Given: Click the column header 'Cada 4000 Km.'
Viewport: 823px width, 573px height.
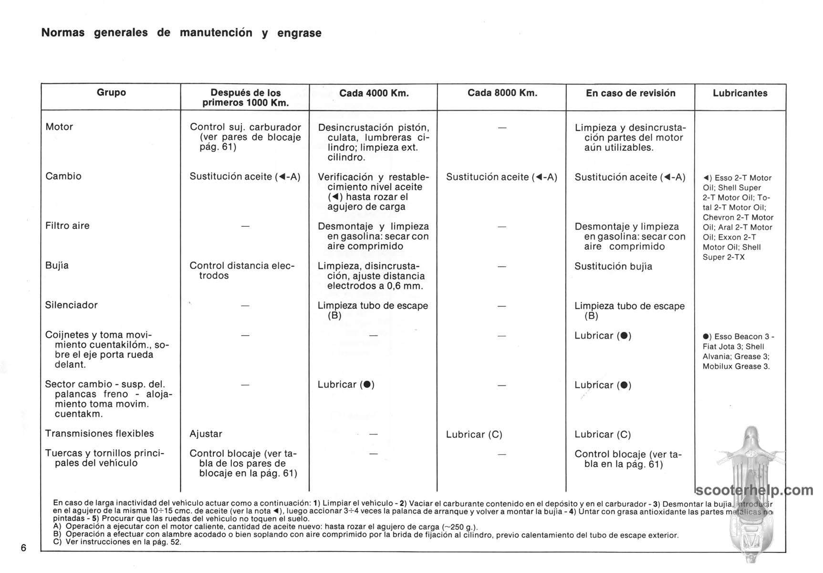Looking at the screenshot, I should pyautogui.click(x=374, y=93).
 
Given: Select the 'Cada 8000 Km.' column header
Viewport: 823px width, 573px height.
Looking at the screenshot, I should pyautogui.click(x=502, y=93).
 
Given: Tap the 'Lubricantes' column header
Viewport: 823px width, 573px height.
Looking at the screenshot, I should pyautogui.click(x=740, y=93).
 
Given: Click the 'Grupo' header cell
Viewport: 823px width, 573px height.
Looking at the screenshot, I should pyautogui.click(x=111, y=93).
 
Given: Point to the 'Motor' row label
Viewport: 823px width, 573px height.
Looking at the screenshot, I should pyautogui.click(x=59, y=127).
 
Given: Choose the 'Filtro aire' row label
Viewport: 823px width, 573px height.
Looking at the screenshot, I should pyautogui.click(x=67, y=226).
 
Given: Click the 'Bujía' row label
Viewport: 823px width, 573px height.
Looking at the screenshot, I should pyautogui.click(x=57, y=265).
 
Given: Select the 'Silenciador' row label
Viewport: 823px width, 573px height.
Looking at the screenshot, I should pyautogui.click(x=71, y=305).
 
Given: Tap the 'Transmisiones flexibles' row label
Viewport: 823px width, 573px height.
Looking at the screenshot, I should pyautogui.click(x=99, y=434).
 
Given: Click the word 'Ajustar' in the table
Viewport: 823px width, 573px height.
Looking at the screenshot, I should pyautogui.click(x=206, y=434).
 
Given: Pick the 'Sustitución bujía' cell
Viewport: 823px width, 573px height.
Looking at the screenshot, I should pyautogui.click(x=613, y=266).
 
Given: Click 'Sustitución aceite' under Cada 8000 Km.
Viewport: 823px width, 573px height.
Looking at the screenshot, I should pyautogui.click(x=501, y=177).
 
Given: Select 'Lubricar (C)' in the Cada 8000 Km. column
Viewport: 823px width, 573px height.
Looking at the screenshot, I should pyautogui.click(x=474, y=435).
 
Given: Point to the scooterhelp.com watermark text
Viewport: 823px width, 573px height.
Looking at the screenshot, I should pyautogui.click(x=754, y=490).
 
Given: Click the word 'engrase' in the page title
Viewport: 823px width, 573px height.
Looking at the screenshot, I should pyautogui.click(x=299, y=33).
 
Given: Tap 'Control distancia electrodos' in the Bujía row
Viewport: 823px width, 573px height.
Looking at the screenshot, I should pyautogui.click(x=242, y=271).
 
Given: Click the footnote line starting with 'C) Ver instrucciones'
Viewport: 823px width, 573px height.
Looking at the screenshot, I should pyautogui.click(x=117, y=542).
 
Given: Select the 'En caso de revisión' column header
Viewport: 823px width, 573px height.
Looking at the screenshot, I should pyautogui.click(x=630, y=93).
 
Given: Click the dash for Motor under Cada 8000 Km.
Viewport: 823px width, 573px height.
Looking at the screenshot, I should pyautogui.click(x=502, y=128).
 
